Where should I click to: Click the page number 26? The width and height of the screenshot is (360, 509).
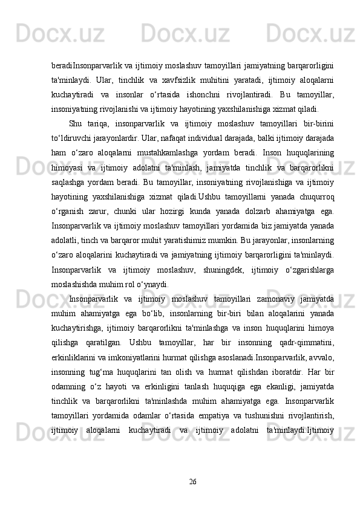tap(193, 464)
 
